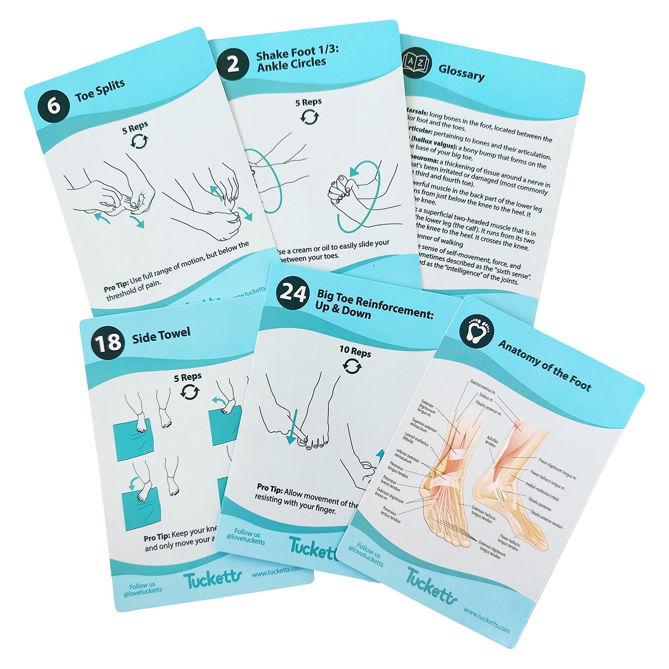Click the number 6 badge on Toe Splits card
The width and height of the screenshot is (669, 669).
tap(54, 106)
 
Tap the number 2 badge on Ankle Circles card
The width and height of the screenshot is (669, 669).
tap(233, 65)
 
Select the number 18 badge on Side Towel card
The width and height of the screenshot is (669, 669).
tap(107, 343)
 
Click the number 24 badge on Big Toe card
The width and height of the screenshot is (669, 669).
tap(293, 293)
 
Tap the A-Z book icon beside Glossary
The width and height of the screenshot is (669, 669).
tap(416, 63)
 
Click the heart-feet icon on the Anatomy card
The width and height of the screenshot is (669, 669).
tap(477, 330)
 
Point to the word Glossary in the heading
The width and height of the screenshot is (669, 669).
tap(461, 72)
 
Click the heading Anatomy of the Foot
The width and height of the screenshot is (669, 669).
tap(545, 365)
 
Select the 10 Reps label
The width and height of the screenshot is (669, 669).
tap(355, 352)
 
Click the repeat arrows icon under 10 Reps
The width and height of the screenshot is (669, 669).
tap(352, 367)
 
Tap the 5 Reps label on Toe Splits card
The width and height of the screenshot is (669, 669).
tap(135, 128)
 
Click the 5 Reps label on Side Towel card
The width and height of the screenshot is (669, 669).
tap(188, 377)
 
